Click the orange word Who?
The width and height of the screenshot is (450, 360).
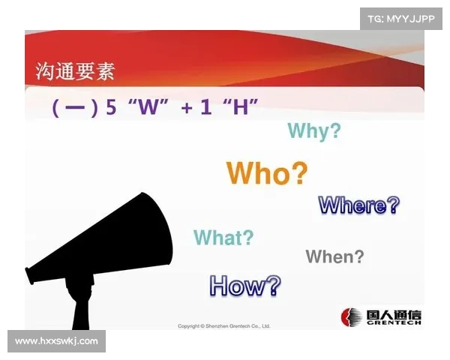[x=267, y=173]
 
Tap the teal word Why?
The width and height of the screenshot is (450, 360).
[x=313, y=131]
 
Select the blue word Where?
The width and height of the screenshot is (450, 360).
[x=358, y=205]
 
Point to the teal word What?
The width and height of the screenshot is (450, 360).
[x=223, y=238]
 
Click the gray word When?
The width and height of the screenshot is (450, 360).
[x=334, y=256]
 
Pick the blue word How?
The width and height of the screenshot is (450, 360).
[x=245, y=284]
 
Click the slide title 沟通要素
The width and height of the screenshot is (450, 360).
[x=75, y=72]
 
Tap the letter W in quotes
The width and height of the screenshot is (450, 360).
[x=151, y=107]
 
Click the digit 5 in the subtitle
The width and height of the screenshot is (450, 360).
[x=111, y=107]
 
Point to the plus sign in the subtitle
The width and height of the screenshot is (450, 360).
[x=187, y=108]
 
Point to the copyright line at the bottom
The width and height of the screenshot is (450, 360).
[x=223, y=326]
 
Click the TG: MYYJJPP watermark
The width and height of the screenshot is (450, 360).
[x=401, y=18]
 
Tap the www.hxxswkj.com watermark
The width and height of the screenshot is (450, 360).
[x=56, y=341]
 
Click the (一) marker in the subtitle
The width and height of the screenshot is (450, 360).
[x=75, y=108]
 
